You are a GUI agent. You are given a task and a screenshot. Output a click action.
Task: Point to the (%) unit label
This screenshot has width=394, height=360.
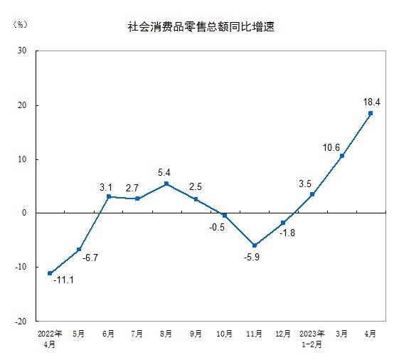click(x=20, y=24)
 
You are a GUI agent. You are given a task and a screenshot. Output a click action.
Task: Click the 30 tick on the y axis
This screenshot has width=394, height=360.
click(x=22, y=51)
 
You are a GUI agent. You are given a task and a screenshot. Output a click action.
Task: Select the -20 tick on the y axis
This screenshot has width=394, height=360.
click(x=21, y=321)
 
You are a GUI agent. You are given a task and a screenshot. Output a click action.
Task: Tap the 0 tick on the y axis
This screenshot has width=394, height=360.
click(x=25, y=213)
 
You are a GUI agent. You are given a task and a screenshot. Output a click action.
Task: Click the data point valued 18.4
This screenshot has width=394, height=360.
click(x=371, y=113)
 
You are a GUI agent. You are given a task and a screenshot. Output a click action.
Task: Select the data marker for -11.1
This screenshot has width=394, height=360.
click(x=50, y=273)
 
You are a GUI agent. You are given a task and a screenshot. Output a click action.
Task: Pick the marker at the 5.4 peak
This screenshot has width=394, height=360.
click(x=166, y=184)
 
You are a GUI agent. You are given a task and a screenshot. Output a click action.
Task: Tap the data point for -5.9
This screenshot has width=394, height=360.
click(x=254, y=245)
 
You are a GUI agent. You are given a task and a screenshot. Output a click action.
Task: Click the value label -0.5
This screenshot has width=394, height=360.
click(x=215, y=228)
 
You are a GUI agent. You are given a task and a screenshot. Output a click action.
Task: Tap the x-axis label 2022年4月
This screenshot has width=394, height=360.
click(x=50, y=337)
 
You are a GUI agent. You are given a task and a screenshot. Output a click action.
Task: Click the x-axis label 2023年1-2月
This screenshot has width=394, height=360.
click(x=312, y=337)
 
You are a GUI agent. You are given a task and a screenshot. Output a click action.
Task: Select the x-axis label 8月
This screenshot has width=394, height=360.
click(x=166, y=333)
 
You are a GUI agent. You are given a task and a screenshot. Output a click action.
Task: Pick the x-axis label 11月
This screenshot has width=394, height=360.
click(x=254, y=333)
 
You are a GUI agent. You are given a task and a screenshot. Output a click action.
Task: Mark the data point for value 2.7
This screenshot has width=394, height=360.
click(x=137, y=198)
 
